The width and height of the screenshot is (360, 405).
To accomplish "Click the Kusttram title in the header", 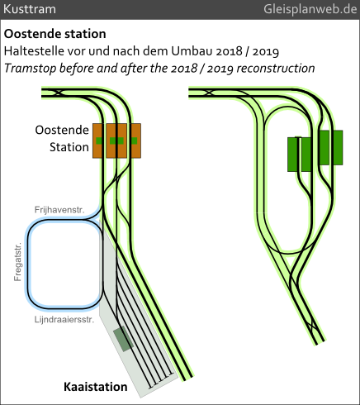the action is point(30,9).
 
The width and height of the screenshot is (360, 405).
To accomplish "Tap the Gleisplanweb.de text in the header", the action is point(310,9).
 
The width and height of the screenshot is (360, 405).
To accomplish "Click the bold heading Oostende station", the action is point(54,34).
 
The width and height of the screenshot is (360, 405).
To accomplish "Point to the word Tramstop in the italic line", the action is point(31,69).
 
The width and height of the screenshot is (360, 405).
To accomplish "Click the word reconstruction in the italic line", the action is point(276,69).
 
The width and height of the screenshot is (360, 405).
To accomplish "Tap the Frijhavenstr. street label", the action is point(59,210).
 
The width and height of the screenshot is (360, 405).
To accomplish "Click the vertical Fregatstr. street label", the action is point(17,262).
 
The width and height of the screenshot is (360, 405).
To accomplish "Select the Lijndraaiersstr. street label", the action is point(64,320).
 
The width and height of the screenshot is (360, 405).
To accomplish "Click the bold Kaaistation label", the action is point(96,387).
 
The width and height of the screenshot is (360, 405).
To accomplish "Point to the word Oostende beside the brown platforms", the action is point(62,130).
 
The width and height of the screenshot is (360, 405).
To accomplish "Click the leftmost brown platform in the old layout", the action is point(98,141).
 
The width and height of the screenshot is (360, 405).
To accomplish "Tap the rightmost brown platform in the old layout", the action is point(135,141).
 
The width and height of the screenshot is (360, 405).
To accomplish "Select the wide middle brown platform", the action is point(116,141).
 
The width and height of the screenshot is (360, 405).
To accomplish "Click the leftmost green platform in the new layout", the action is point(293,155).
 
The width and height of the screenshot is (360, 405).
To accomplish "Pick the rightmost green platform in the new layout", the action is point(338,148).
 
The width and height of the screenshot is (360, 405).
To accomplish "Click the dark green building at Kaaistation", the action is point(124,339).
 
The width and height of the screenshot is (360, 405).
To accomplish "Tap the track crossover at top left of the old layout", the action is point(58,93).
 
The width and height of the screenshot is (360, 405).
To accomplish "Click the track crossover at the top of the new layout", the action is point(209,93).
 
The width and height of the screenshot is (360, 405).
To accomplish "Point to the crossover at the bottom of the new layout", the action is point(312,326).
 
